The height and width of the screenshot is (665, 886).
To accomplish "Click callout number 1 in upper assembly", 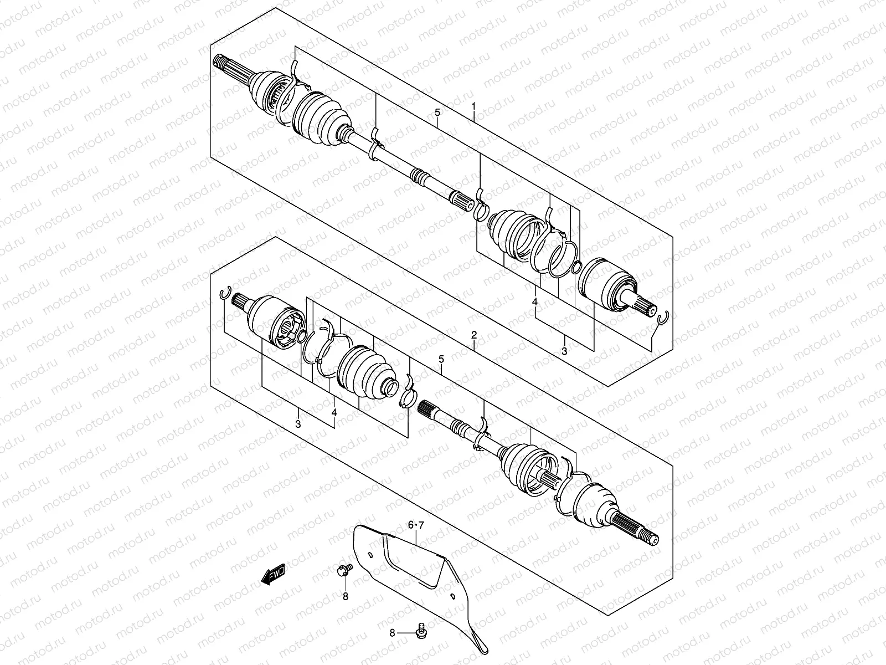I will [x=473, y=105].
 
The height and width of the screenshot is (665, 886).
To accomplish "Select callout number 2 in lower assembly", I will [x=474, y=335].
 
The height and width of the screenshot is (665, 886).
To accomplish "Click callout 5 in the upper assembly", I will [x=437, y=113].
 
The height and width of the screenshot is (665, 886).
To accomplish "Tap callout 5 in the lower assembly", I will [x=441, y=359].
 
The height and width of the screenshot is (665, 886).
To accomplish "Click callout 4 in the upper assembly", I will [x=535, y=301].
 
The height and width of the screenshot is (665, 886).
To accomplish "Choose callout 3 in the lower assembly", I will [x=298, y=424].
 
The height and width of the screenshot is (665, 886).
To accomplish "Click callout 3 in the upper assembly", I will [x=564, y=351].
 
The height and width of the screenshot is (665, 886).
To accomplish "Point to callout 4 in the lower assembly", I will [x=334, y=412].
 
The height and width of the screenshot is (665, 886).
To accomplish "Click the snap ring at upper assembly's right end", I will [x=663, y=317].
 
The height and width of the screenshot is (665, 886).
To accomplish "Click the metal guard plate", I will [x=421, y=576].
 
